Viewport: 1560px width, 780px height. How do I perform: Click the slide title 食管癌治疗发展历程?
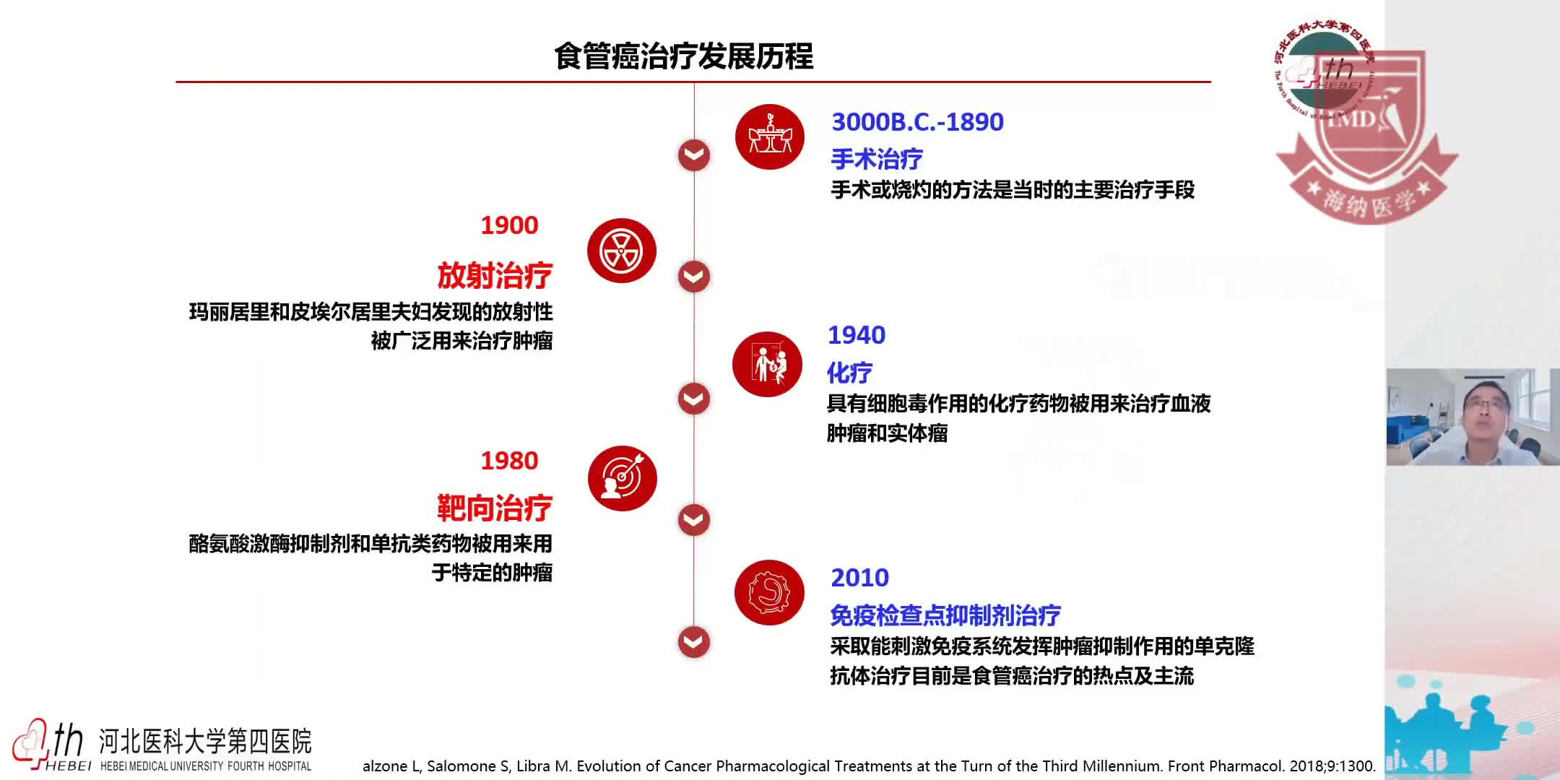click(683, 56)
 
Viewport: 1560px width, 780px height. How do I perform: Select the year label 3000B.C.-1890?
click(917, 122)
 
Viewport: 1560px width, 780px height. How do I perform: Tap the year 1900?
click(509, 225)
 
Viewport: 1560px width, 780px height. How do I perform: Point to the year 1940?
click(856, 335)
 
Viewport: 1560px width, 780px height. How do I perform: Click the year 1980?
click(509, 461)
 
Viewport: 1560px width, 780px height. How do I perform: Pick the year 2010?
click(859, 578)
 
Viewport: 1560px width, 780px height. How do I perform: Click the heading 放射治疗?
click(495, 276)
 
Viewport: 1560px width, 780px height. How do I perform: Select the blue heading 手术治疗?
click(876, 159)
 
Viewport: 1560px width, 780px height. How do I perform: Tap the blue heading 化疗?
click(849, 373)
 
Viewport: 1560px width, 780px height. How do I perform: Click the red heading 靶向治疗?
click(495, 508)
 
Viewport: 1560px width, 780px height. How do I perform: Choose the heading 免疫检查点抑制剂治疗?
click(945, 615)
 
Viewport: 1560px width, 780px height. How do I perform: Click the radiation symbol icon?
click(621, 251)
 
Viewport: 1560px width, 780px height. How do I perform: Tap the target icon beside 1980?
click(622, 478)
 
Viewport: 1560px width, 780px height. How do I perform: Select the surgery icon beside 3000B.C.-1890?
click(769, 136)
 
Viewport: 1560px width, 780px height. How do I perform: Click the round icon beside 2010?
click(769, 592)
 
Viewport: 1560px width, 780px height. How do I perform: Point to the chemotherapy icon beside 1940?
click(767, 364)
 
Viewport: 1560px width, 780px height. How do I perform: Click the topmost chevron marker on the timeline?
click(694, 155)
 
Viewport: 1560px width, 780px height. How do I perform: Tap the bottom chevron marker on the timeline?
click(694, 642)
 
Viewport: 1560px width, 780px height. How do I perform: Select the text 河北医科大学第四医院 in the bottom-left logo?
click(205, 742)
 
